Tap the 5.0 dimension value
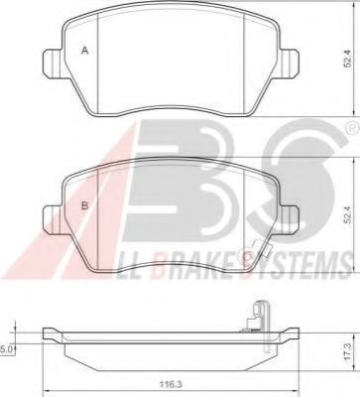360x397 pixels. pos(7,348)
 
